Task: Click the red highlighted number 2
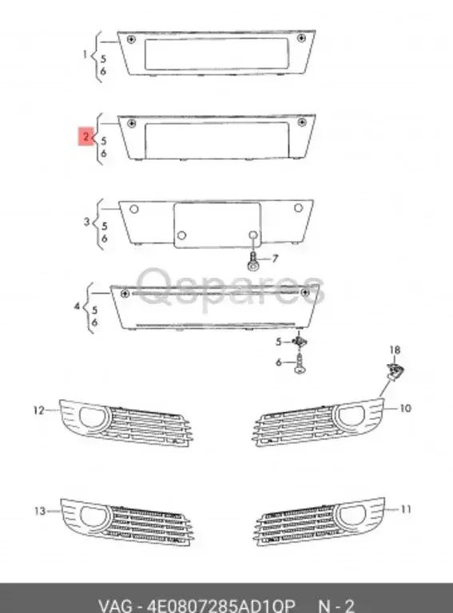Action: pyautogui.click(x=84, y=136)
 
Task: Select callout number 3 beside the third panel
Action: pyautogui.click(x=87, y=221)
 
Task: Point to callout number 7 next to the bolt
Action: pyautogui.click(x=276, y=259)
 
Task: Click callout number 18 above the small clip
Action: pyautogui.click(x=393, y=350)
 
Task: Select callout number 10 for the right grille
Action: pyautogui.click(x=405, y=409)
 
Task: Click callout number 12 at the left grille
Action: pyautogui.click(x=38, y=410)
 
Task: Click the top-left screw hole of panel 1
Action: pyautogui.click(x=131, y=39)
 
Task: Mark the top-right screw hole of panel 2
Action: pyautogui.click(x=302, y=122)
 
